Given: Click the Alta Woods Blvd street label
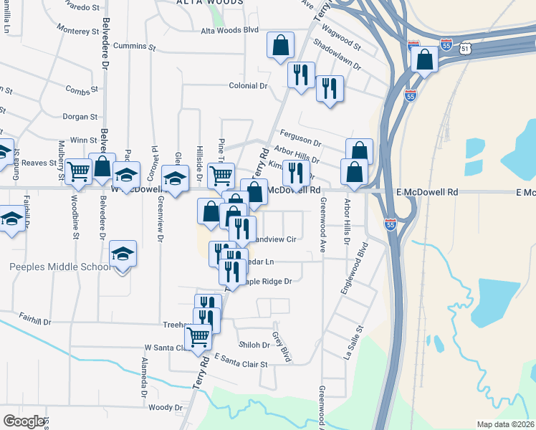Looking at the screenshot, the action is pyautogui.click(x=229, y=31).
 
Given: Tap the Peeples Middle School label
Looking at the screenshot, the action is pyautogui.click(x=60, y=267).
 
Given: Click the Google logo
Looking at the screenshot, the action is pyautogui.click(x=24, y=421).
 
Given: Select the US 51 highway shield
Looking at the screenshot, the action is pyautogui.click(x=466, y=48).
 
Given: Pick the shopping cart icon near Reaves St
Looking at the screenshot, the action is pyautogui.click(x=79, y=171).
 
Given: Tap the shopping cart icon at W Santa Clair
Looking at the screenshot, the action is pyautogui.click(x=198, y=335).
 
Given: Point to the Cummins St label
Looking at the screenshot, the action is pyautogui.click(x=134, y=47).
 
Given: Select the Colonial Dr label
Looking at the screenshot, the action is pyautogui.click(x=247, y=85).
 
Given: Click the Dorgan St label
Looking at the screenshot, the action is pyautogui.click(x=80, y=116).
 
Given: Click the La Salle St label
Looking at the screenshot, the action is pyautogui.click(x=352, y=341).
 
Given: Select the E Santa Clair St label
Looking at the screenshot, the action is pyautogui.click(x=241, y=363).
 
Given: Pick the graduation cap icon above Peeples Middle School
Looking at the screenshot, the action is pyautogui.click(x=123, y=254).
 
